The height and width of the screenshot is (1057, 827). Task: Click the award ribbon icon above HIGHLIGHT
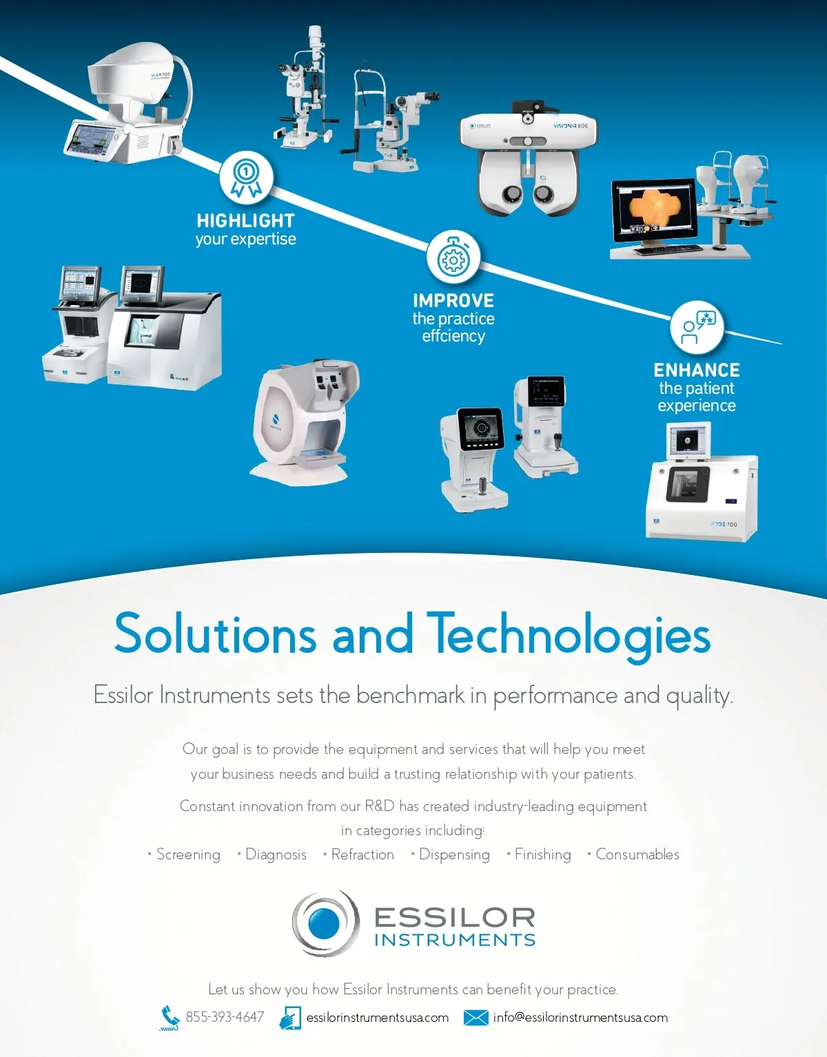246,178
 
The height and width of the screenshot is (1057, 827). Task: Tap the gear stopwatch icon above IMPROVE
453,258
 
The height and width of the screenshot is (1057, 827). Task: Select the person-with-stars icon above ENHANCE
697,327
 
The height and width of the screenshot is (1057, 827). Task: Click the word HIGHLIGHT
245,220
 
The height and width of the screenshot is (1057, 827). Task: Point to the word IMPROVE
453,301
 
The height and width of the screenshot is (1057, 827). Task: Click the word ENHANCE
697,370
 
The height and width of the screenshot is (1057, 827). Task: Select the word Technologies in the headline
569,634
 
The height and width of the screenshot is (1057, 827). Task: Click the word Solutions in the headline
215,634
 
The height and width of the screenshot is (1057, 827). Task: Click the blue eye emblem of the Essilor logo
325,923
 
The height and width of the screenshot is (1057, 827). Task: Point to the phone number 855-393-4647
225,1017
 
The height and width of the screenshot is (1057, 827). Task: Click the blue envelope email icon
476,1018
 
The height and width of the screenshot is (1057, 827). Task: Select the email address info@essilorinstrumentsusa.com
580,1018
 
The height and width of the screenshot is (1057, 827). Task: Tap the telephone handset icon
169,1017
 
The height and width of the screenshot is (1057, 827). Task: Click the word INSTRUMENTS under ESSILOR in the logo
455,940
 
